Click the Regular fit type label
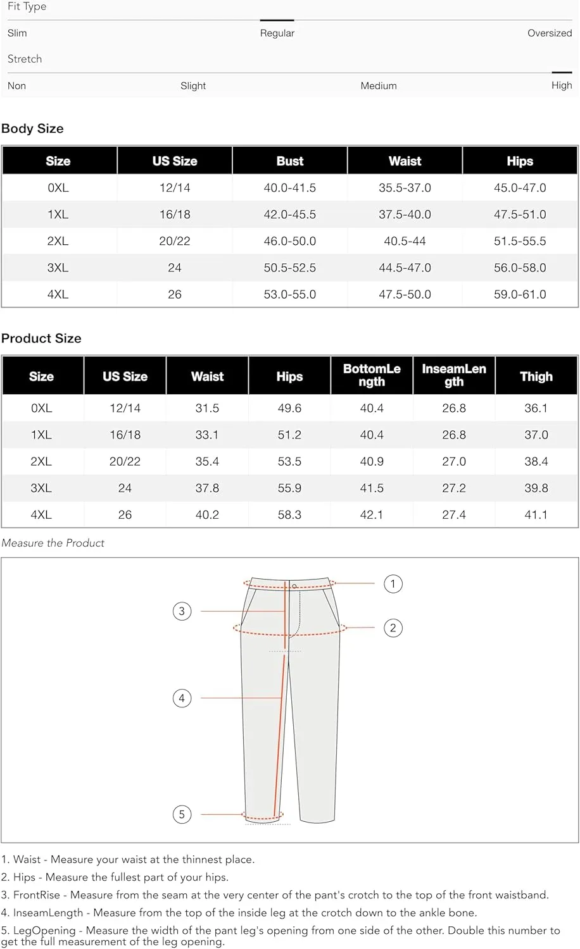click(x=277, y=33)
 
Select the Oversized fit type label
click(x=549, y=33)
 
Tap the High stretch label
click(x=561, y=85)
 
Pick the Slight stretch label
click(x=193, y=85)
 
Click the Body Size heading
click(x=32, y=128)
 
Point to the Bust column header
click(x=289, y=161)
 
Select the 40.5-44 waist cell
click(x=405, y=241)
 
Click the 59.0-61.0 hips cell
click(x=519, y=294)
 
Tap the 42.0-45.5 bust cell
click(x=289, y=214)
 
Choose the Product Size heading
click(x=41, y=338)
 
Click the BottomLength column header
click(x=372, y=375)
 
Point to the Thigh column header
click(x=536, y=376)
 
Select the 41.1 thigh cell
click(x=536, y=514)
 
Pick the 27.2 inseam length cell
click(x=453, y=488)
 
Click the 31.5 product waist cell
click(x=207, y=408)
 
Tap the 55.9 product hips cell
click(x=289, y=488)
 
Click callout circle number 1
click(x=393, y=583)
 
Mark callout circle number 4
click(x=182, y=698)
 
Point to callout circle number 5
click(x=182, y=814)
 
